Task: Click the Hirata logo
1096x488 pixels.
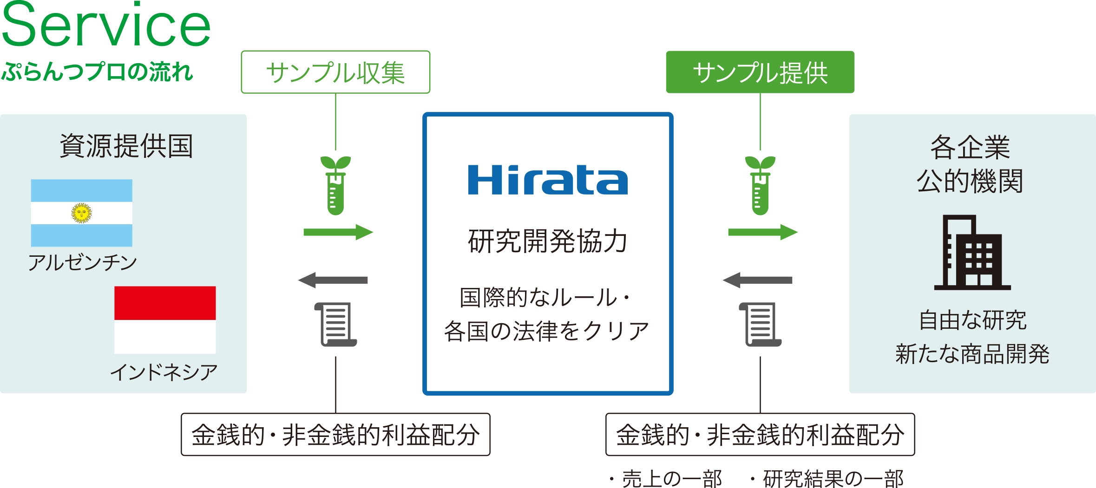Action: pyautogui.click(x=548, y=180)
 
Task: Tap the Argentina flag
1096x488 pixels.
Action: pyautogui.click(x=81, y=213)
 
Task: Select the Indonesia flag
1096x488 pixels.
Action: pyautogui.click(x=165, y=319)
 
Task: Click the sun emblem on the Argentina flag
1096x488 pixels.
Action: pyautogui.click(x=81, y=213)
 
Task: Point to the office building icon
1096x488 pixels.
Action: pyautogui.click(x=972, y=253)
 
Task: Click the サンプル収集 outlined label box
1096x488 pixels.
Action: pyautogui.click(x=335, y=72)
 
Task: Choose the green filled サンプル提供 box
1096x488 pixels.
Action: pyautogui.click(x=760, y=72)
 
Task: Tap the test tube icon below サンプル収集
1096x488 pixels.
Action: pyautogui.click(x=335, y=186)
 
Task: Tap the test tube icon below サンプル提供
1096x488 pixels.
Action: pyautogui.click(x=760, y=186)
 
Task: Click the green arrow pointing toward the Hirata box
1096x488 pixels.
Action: pyautogui.click(x=338, y=232)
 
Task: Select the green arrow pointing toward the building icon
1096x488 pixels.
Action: pyautogui.click(x=762, y=232)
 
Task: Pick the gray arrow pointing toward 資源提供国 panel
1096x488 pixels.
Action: pyautogui.click(x=333, y=280)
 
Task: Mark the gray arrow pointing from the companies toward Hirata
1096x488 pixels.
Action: pyautogui.click(x=758, y=280)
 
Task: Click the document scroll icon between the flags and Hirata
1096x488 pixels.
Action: pyautogui.click(x=336, y=324)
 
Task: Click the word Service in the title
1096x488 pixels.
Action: pyautogui.click(x=106, y=26)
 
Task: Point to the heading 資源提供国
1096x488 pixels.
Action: pyautogui.click(x=126, y=146)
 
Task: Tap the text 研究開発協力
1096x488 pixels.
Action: pyautogui.click(x=548, y=241)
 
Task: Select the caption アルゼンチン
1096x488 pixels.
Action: pyautogui.click(x=83, y=263)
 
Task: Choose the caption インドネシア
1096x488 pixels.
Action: pyautogui.click(x=164, y=372)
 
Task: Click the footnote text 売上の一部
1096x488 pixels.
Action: pyautogui.click(x=672, y=479)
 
